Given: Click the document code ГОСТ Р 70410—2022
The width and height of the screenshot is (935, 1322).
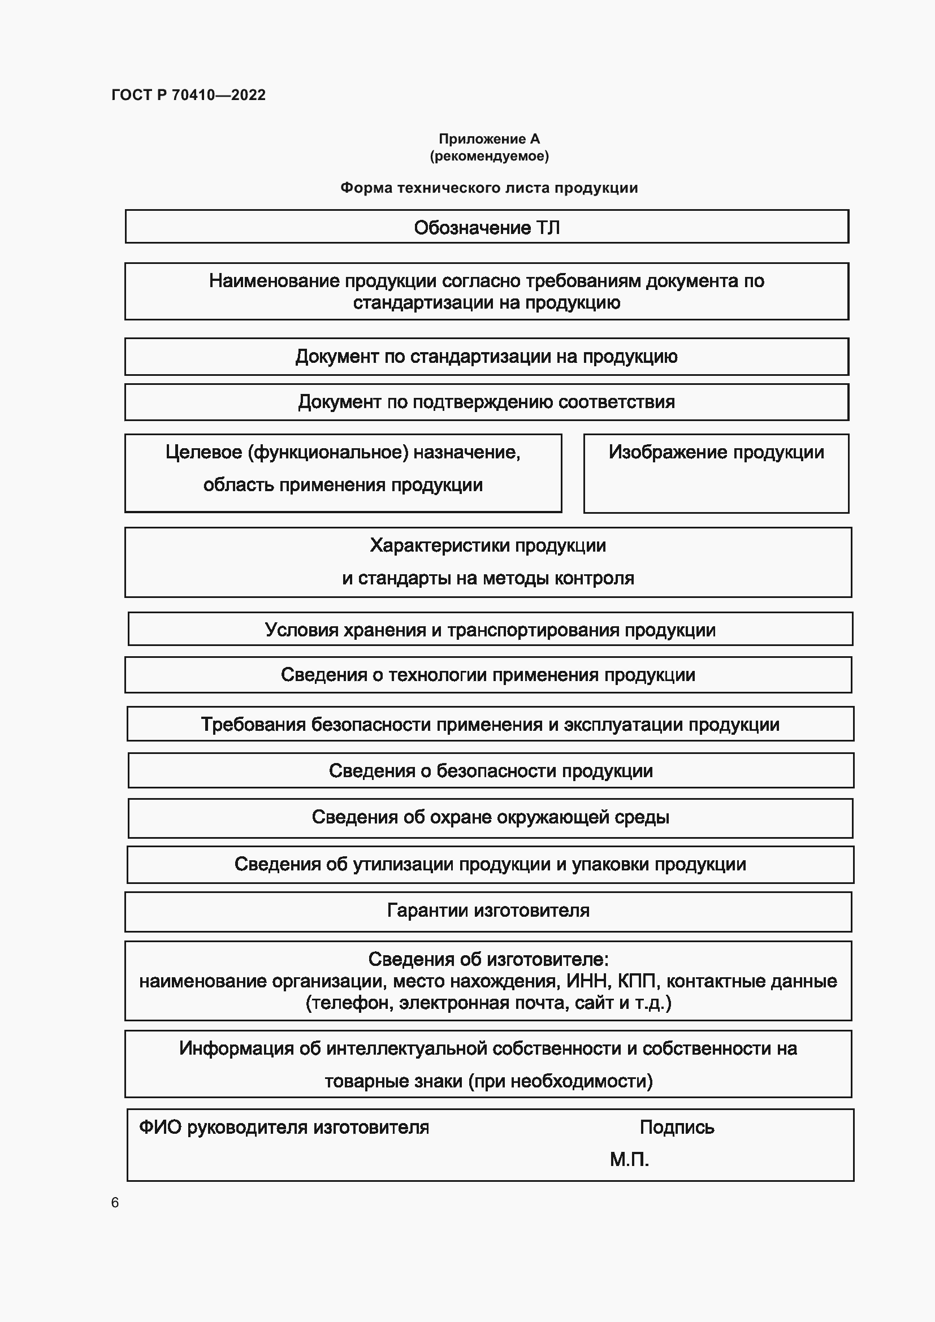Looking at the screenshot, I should tap(188, 95).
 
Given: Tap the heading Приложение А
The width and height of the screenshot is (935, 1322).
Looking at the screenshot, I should tap(489, 139).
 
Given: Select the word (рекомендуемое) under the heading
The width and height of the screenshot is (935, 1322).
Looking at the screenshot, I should tap(489, 156).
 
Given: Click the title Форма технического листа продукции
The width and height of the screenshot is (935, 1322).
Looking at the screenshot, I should tap(489, 188).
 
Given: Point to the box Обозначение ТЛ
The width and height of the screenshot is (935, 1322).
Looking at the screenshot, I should tap(487, 227).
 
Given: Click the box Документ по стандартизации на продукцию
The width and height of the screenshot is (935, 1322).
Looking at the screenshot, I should tap(487, 357).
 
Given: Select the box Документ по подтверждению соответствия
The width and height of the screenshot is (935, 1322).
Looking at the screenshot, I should tap(487, 401).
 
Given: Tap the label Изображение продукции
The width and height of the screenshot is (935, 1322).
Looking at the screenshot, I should tap(716, 452).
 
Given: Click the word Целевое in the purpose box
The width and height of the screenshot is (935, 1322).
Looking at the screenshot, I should tap(204, 452).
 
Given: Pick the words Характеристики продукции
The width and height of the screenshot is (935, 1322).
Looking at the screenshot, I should tap(488, 545).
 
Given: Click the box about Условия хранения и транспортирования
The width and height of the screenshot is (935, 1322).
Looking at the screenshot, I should tap(490, 629).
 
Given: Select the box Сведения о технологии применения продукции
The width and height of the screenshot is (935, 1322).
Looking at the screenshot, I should tap(488, 674).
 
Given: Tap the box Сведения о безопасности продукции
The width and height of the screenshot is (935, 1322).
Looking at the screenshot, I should tap(491, 770).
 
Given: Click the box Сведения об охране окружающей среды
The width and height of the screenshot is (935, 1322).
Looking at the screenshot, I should tap(491, 817).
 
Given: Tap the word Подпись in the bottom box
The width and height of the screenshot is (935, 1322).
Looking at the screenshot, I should tap(677, 1127).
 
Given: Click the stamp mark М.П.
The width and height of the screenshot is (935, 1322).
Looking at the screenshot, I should tap(629, 1159).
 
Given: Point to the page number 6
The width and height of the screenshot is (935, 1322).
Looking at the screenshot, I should tap(115, 1202).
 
